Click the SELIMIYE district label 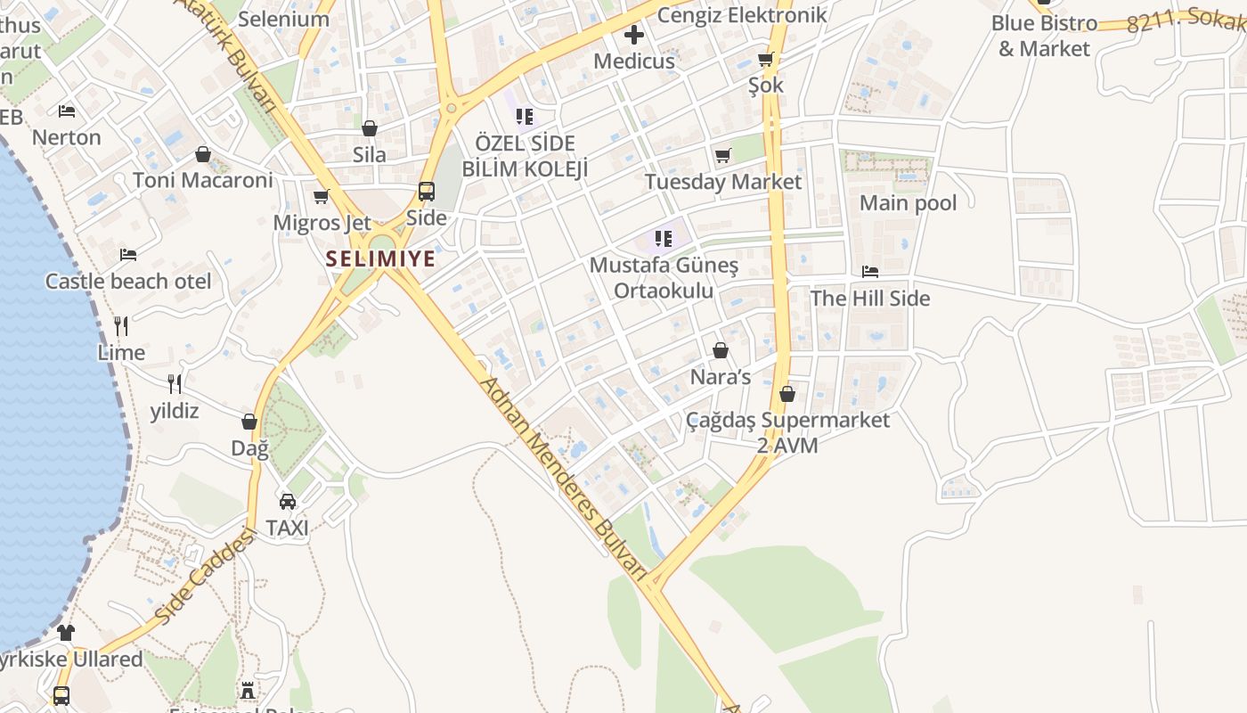coord(380,259)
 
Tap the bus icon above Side coord(427,192)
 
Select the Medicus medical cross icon coord(633,36)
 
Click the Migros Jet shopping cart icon coord(322,196)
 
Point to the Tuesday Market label coord(722,182)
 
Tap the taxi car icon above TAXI coord(288,502)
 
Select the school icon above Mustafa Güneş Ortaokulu coord(664,239)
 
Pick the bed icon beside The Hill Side coord(870,272)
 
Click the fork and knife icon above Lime coord(121,326)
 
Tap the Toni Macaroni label coord(203,180)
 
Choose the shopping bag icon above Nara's coord(721,350)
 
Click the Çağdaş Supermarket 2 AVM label coord(787,432)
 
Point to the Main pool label coord(908,203)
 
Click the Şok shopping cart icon coord(765,60)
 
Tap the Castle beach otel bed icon coord(128,255)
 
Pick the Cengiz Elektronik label coord(742,15)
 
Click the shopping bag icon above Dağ coord(249,422)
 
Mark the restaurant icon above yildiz coord(175,384)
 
